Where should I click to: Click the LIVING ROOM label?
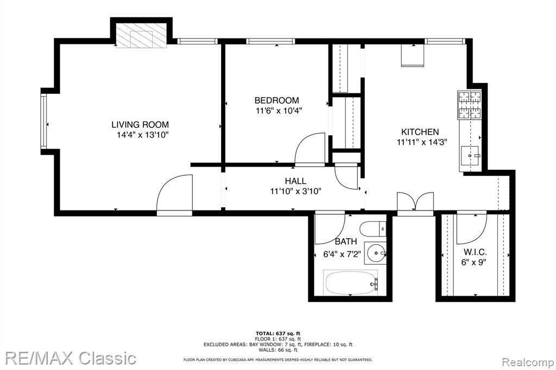140,124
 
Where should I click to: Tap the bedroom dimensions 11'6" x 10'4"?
279,111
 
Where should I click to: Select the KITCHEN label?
420,132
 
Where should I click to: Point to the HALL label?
295,181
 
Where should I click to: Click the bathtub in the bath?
351,283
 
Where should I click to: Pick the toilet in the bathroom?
373,229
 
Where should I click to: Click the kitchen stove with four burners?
470,105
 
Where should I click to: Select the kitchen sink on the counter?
470,155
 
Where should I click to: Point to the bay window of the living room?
43,121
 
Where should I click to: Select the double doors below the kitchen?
415,203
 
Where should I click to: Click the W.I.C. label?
475,252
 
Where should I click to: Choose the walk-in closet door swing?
471,228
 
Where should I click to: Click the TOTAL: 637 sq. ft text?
278,333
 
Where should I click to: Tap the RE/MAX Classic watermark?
71,358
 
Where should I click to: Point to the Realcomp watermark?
528,362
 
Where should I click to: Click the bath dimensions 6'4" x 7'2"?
342,254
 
